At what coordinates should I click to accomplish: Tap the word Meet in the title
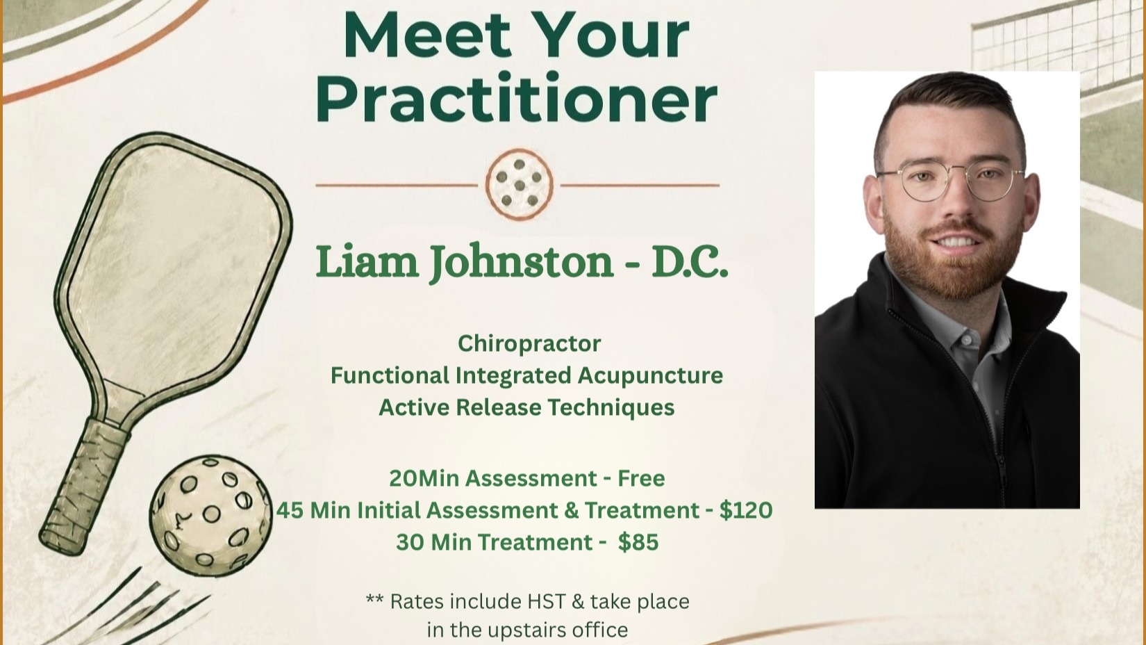coord(427,36)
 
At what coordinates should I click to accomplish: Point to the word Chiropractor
coord(529,343)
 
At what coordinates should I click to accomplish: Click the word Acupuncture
coord(650,376)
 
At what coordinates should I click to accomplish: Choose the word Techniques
coord(611,408)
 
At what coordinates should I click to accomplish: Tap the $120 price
coord(746,510)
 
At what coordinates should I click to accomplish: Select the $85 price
coord(638,542)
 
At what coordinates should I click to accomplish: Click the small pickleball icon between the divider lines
coord(519,184)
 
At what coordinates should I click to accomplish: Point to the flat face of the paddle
coord(174,256)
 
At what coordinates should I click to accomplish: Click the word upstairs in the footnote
coord(527,630)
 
